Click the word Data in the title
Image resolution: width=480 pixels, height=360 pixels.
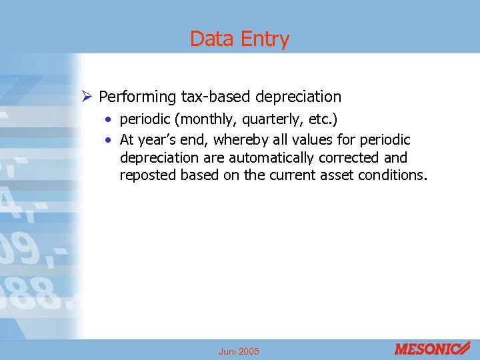211,39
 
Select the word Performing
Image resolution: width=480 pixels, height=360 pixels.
137,97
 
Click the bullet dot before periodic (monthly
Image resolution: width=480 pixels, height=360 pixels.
108,121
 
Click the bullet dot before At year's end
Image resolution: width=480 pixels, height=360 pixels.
108,140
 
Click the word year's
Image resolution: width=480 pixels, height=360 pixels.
156,140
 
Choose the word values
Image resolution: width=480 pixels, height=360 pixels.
309,140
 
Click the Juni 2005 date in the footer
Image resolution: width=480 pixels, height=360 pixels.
239,351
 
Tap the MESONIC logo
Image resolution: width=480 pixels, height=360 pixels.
431,349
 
